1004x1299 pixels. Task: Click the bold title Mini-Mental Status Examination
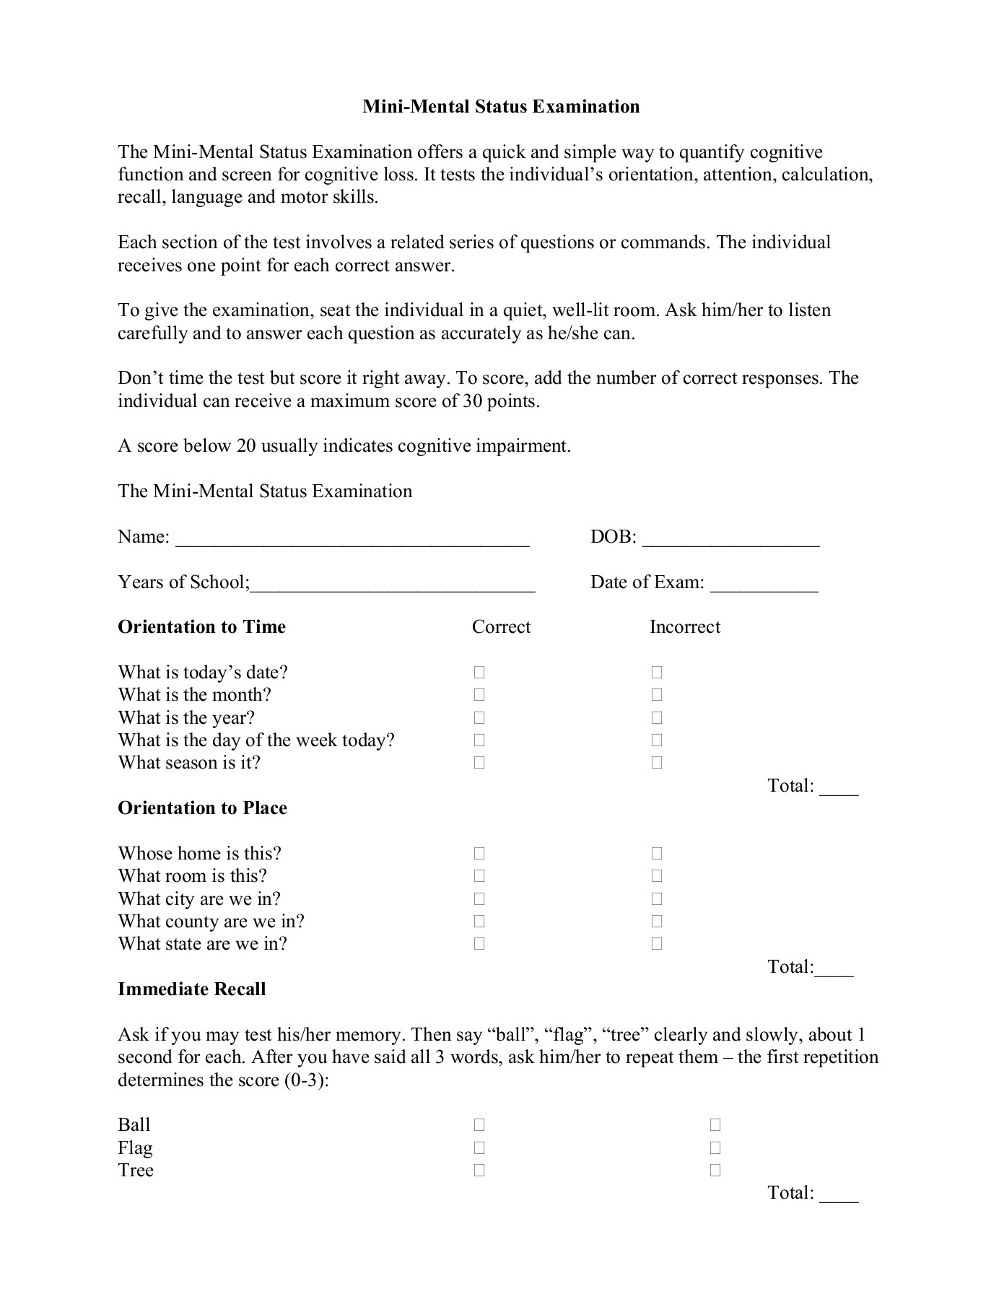500,107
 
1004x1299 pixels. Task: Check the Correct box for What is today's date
479,673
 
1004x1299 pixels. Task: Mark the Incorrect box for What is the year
657,718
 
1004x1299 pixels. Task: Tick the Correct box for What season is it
479,763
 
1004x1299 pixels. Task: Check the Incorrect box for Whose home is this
657,854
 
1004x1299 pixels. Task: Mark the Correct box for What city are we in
479,899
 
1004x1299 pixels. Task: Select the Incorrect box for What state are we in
657,944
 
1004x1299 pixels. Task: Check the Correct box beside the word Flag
479,1148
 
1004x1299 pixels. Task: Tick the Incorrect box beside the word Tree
715,1171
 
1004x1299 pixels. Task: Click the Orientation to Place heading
202,808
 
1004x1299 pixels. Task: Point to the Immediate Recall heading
192,989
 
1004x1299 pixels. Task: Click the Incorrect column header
684,627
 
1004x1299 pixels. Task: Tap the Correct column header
501,627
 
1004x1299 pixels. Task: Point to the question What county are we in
211,922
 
